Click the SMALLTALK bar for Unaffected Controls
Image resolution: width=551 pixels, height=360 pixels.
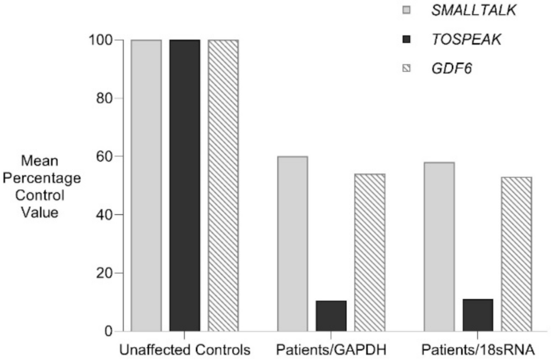click(x=146, y=185)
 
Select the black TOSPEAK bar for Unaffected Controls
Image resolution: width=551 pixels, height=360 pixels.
click(x=185, y=185)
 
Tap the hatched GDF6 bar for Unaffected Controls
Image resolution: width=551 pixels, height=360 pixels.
click(x=223, y=185)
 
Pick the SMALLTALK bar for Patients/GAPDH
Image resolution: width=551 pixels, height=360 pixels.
click(x=292, y=243)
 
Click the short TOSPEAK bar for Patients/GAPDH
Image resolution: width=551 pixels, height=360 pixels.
click(x=331, y=316)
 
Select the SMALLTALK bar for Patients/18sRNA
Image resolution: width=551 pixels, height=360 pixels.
click(x=439, y=246)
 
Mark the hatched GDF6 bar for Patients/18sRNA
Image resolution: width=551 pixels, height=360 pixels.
click(x=516, y=253)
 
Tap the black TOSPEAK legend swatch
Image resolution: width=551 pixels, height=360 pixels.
click(x=407, y=40)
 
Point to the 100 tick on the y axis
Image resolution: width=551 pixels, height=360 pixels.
click(x=100, y=40)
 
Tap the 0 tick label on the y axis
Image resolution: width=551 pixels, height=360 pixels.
click(x=109, y=331)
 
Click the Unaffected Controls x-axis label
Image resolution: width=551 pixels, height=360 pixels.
click(x=185, y=348)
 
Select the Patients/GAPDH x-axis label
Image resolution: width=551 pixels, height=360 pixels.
click(x=331, y=348)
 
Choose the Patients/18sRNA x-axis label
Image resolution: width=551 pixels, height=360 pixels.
click(x=478, y=348)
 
